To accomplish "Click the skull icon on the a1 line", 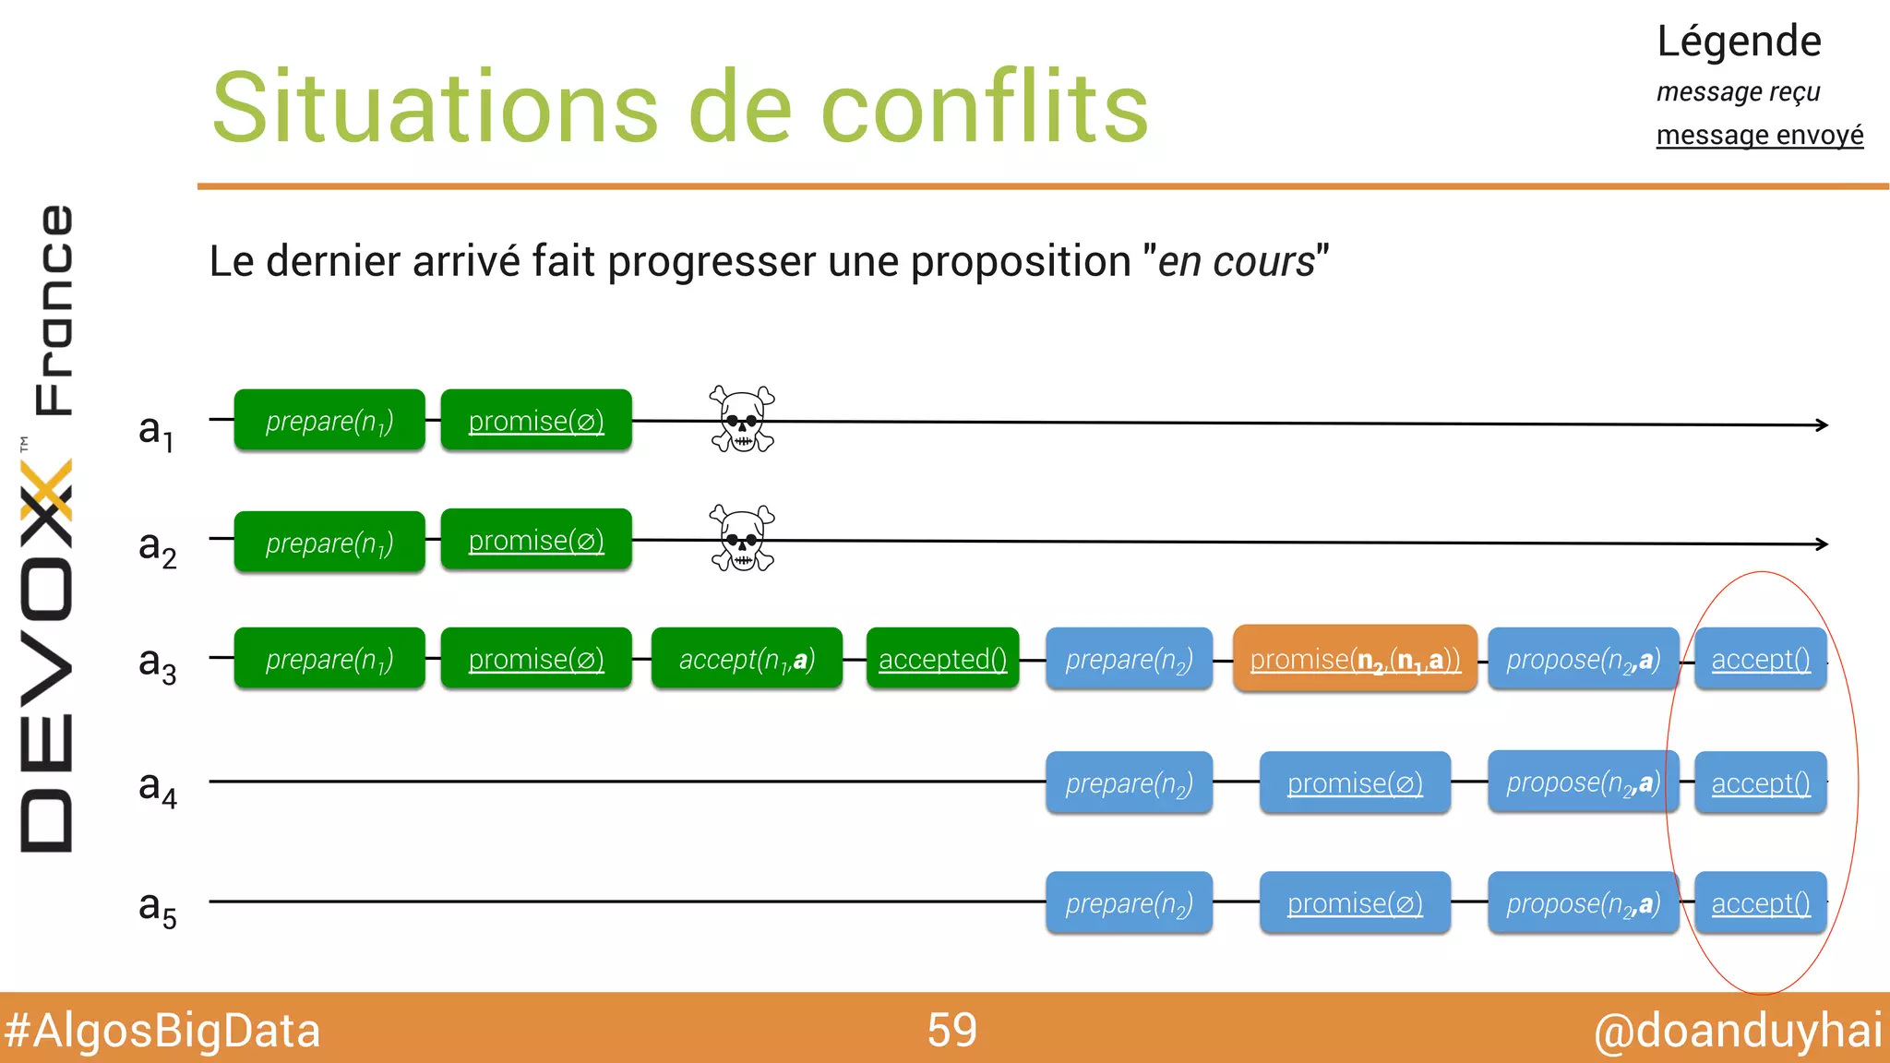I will [x=742, y=419].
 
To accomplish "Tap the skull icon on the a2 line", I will [x=742, y=538].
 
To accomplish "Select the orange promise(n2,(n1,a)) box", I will [x=1355, y=659].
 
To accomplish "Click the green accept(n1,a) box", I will [x=747, y=659].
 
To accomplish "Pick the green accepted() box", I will [x=942, y=659].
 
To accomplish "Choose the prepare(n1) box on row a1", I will [x=329, y=421].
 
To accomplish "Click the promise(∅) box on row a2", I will [x=536, y=540].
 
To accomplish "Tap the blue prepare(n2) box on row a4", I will [x=1129, y=782].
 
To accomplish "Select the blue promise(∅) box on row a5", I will [x=1355, y=902].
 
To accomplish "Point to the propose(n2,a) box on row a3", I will [x=1583, y=659].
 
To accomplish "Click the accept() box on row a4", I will [x=1760, y=782].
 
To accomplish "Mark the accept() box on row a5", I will [x=1760, y=902].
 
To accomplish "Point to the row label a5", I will [x=157, y=907].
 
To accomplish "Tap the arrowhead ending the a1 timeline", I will [x=1822, y=424].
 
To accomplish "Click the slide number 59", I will [x=951, y=1030].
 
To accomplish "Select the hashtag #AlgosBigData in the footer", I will [x=162, y=1031].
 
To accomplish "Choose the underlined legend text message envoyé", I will [x=1759, y=135].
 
